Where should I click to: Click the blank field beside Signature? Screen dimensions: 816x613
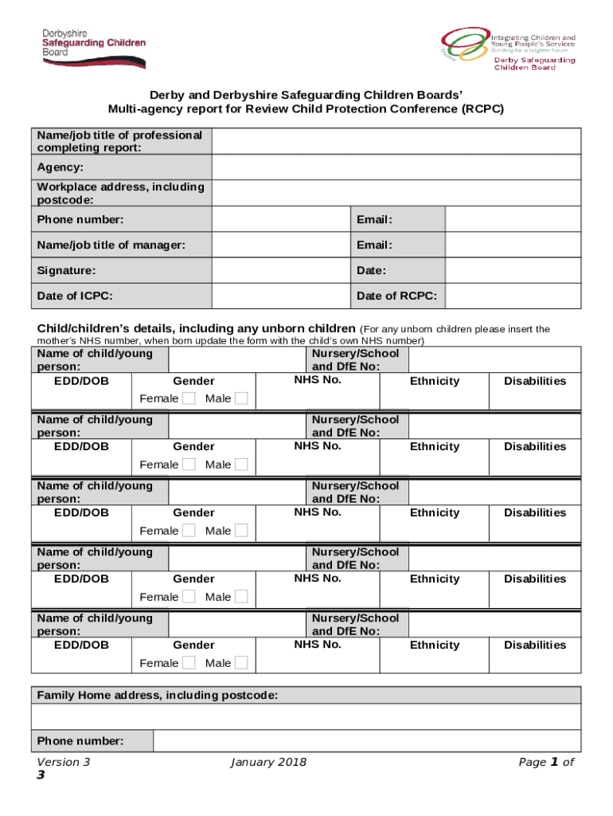[x=281, y=271]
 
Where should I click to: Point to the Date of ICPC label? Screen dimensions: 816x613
[x=75, y=296]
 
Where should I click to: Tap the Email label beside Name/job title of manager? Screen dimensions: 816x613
[x=374, y=245]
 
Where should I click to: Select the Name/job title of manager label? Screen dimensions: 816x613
[x=111, y=245]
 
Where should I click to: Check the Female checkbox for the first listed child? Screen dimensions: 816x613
[x=189, y=398]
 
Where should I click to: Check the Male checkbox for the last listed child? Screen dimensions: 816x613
[x=241, y=663]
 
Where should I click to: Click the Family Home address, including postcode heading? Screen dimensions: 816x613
[x=158, y=696]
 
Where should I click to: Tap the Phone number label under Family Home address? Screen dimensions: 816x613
[x=80, y=741]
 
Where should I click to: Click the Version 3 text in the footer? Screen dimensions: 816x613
[x=64, y=763]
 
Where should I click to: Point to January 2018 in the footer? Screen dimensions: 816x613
[x=268, y=763]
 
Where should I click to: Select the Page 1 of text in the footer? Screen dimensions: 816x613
[x=546, y=763]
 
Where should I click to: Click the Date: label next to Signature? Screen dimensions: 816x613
[x=372, y=271]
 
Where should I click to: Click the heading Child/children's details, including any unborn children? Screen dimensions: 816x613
[x=197, y=328]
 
